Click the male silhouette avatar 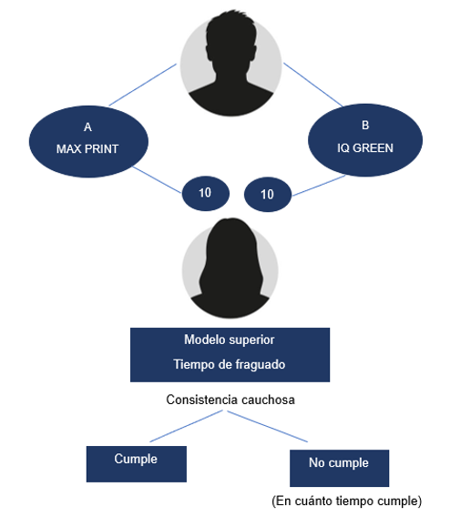tap(230, 64)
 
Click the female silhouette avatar tap(230, 268)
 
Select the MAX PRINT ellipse tap(88, 141)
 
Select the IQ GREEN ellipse tap(365, 140)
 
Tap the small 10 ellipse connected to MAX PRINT tap(206, 194)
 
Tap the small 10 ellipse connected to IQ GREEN tap(268, 195)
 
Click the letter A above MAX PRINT tap(87, 127)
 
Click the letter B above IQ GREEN tap(365, 126)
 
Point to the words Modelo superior tap(230, 340)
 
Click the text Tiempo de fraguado tap(230, 365)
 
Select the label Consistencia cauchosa tap(230, 400)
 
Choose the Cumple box tap(137, 464)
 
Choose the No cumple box tap(340, 468)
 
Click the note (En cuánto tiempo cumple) tap(346, 502)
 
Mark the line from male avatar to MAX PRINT tap(143, 85)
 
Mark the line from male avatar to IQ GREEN tap(313, 85)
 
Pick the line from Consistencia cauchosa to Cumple tap(186, 426)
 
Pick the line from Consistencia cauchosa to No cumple tap(268, 426)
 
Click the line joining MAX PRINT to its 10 tap(157, 180)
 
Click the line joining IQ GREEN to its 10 tap(319, 186)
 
